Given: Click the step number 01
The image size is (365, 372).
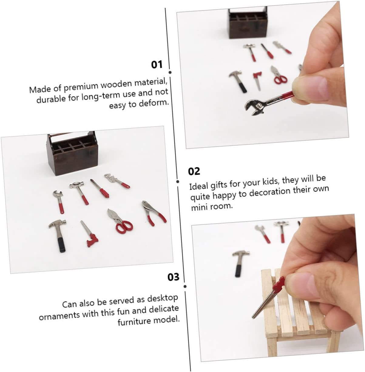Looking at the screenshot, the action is click(157, 65).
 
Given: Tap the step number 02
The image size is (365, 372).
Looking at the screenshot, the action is click(194, 171).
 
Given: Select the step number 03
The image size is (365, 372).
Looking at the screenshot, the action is click(174, 277).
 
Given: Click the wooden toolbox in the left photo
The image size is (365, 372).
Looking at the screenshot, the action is click(72, 153).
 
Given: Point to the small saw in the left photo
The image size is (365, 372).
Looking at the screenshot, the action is click(89, 234).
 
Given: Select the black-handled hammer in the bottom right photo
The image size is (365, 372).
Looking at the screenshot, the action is click(240, 264).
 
